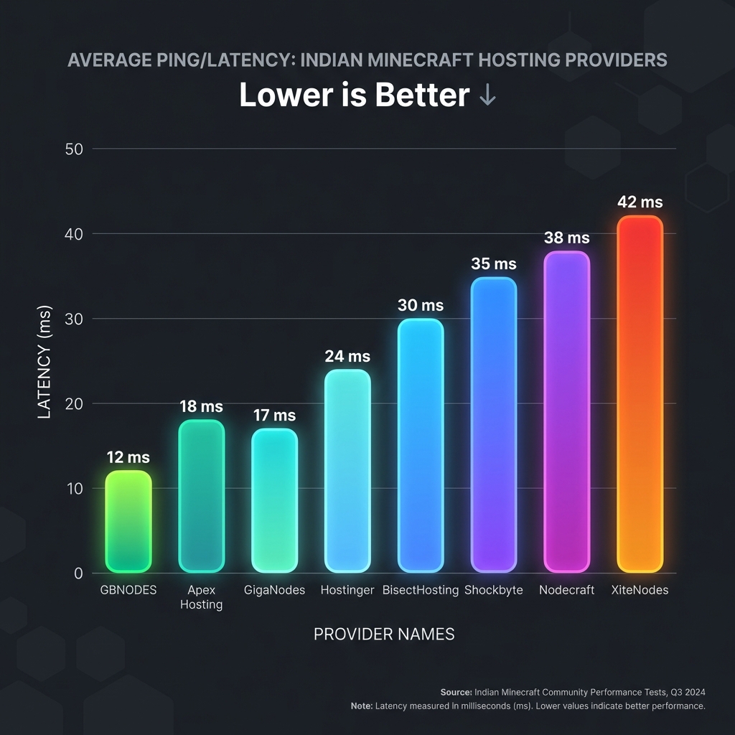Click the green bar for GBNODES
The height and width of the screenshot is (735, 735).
tap(128, 522)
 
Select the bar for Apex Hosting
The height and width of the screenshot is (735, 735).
tap(202, 496)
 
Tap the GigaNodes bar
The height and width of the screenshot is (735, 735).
tap(274, 500)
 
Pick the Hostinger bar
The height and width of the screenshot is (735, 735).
tap(347, 471)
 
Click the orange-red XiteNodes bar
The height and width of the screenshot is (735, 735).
tap(640, 394)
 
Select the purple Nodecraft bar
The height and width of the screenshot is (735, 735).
tap(566, 411)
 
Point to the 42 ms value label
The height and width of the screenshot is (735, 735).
tap(640, 202)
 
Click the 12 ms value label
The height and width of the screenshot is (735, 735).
tap(128, 457)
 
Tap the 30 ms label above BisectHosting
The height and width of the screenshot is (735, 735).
tap(421, 305)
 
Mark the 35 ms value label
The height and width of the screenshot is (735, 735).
tap(494, 264)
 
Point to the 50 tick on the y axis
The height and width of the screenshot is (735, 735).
tap(75, 149)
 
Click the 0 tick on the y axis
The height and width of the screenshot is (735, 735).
tap(78, 574)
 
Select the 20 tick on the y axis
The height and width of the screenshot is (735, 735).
tap(75, 403)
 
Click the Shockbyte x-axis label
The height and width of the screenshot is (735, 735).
tap(494, 590)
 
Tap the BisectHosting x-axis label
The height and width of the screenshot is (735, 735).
tap(421, 590)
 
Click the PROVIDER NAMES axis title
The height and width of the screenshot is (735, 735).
tap(384, 635)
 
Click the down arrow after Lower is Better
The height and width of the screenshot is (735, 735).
tap(487, 96)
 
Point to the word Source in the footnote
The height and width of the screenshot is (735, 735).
tap(456, 692)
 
